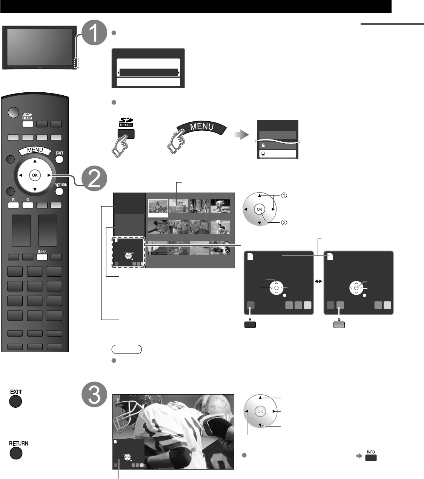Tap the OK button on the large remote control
click(35, 175)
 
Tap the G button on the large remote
click(28, 205)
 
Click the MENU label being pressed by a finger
click(202, 127)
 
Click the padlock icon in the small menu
click(263, 145)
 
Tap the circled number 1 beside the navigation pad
click(284, 196)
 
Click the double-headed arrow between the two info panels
click(319, 281)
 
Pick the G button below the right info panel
click(339, 324)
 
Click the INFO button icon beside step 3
click(370, 457)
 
